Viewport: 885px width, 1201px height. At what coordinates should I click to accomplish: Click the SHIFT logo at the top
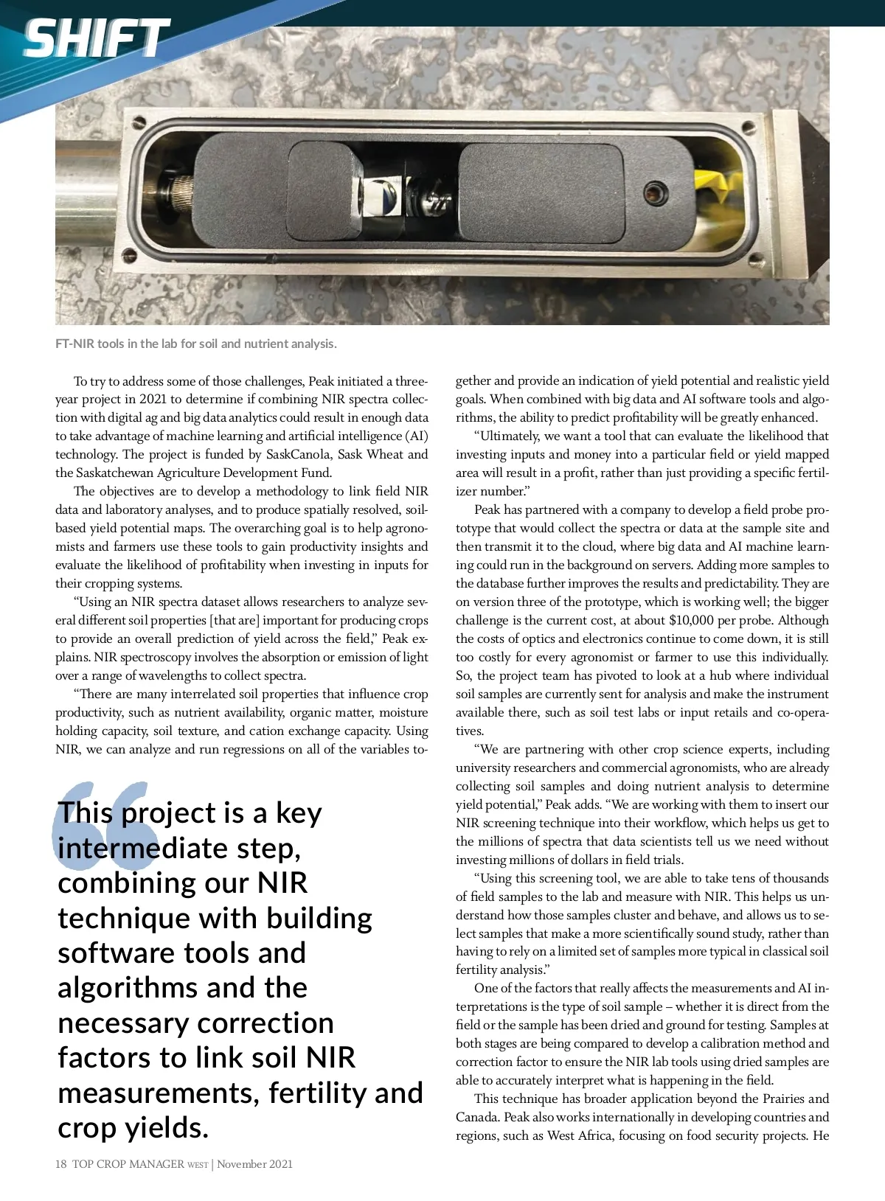pyautogui.click(x=96, y=38)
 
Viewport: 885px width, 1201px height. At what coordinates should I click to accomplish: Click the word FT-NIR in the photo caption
pyautogui.click(x=74, y=344)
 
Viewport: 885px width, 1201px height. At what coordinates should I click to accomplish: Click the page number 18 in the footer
pyautogui.click(x=61, y=1164)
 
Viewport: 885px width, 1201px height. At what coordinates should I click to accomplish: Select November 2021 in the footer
pyautogui.click(x=254, y=1164)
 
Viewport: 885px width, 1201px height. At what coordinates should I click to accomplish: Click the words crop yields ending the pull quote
pyautogui.click(x=133, y=1128)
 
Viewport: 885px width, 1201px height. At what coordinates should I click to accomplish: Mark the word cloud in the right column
pyautogui.click(x=624, y=546)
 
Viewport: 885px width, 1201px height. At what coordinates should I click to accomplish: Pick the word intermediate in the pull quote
pyautogui.click(x=142, y=848)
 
